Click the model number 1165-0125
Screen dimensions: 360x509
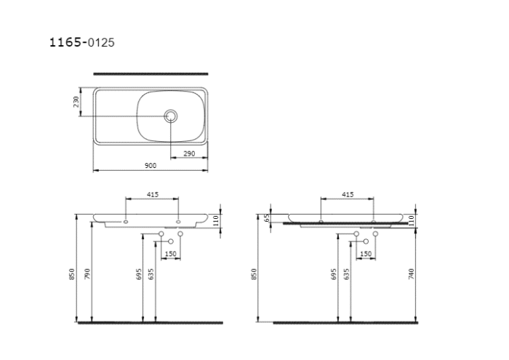tap(81, 43)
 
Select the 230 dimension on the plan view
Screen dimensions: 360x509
tap(76, 102)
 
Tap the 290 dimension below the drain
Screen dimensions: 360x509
tap(188, 153)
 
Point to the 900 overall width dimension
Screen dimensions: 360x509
tap(151, 166)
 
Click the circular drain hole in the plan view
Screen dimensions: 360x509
tap(172, 116)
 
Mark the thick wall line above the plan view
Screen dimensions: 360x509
tap(151, 73)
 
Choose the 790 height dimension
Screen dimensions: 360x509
tap(87, 273)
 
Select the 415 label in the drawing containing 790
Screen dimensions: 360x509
tap(153, 195)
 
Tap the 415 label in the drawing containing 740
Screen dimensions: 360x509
tap(347, 195)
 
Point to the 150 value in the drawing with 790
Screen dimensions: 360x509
tap(170, 253)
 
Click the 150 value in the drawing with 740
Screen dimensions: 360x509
tap(365, 253)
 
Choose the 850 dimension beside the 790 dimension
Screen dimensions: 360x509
tap(71, 273)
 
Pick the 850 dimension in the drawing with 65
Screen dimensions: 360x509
tap(254, 273)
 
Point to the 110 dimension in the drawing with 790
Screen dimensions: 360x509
tap(216, 220)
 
